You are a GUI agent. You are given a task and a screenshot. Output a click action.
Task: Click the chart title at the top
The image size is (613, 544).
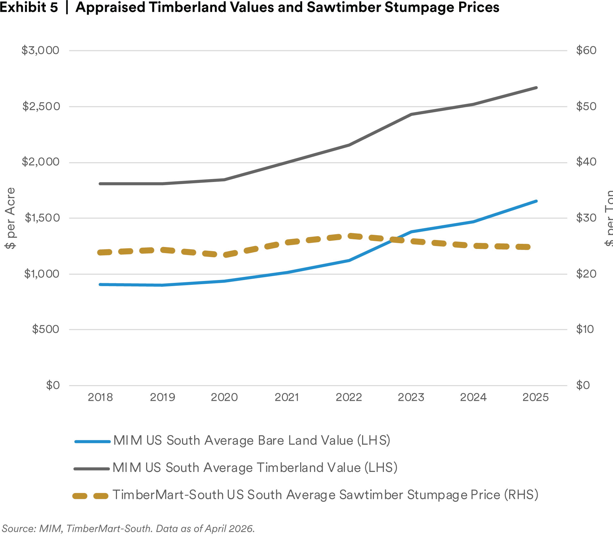point(250,7)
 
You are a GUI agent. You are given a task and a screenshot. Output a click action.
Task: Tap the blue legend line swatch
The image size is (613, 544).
point(93,441)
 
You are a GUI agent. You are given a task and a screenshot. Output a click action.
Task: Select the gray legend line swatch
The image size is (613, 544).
point(91,469)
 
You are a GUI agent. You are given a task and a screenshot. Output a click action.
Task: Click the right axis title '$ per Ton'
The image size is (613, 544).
point(608,218)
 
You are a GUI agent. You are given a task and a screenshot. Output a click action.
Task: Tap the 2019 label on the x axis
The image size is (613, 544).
point(162,398)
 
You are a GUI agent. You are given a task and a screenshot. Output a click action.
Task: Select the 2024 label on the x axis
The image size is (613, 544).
point(473,398)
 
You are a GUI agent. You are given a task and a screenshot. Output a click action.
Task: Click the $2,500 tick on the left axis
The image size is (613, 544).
point(40,106)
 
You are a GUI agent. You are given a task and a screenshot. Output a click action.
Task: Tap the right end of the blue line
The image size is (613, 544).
point(537,201)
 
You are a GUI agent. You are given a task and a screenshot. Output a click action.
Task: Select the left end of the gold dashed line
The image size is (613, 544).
point(98,253)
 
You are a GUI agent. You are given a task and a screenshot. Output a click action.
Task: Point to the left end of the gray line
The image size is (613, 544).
point(99,185)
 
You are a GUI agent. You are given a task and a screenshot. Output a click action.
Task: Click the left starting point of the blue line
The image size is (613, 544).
point(99,284)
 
